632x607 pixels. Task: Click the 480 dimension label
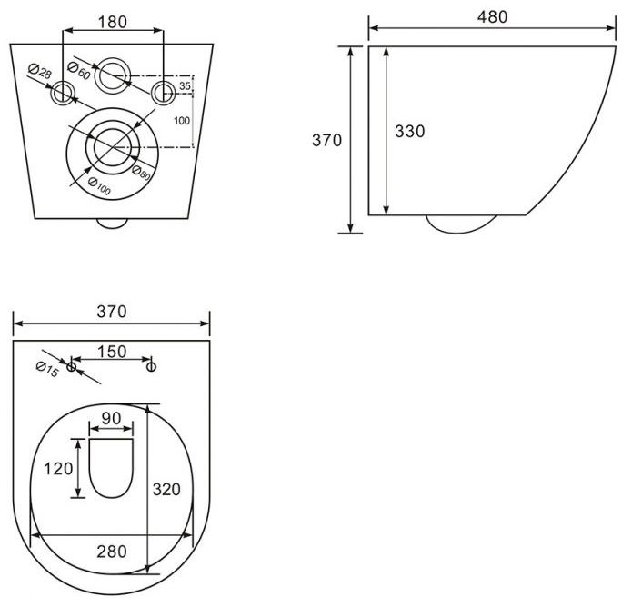(492, 17)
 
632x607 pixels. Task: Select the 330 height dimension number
(409, 132)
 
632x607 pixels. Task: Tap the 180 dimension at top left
(113, 22)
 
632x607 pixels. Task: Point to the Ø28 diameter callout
(40, 71)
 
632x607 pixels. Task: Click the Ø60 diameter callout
(78, 70)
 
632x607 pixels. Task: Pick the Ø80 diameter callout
(141, 173)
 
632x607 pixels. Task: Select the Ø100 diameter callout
(99, 186)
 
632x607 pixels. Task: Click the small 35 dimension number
(185, 85)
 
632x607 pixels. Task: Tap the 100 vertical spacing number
(182, 121)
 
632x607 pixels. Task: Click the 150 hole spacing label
(112, 352)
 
